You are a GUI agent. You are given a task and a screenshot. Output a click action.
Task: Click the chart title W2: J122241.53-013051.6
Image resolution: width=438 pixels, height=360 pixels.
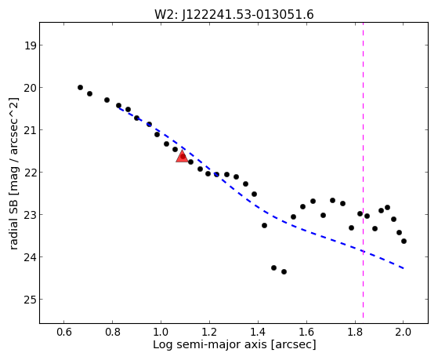coord(234,14)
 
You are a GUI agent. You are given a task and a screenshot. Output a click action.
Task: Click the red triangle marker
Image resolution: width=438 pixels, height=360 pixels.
coord(182,157)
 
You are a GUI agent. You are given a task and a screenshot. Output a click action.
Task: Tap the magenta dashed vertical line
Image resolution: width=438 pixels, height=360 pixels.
coord(363,170)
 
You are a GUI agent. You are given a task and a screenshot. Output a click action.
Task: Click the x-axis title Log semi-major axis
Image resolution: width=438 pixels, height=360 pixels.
coord(210,344)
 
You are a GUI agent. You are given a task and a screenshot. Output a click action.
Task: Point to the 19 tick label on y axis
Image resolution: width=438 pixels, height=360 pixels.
coord(30,45)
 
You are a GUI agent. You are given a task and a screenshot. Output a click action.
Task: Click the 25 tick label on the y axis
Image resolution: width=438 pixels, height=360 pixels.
coord(30,300)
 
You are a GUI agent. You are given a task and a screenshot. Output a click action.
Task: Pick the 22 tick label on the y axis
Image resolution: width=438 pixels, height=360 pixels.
coord(30,173)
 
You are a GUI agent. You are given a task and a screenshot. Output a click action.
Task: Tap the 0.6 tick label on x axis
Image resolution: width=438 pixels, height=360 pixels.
coord(64,332)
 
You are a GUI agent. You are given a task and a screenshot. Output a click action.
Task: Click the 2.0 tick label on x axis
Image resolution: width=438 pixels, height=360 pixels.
coord(404,332)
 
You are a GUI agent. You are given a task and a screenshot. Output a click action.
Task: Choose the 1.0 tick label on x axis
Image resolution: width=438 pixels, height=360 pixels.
coord(161,332)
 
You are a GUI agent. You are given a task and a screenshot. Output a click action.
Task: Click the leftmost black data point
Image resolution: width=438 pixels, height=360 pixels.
coord(80,88)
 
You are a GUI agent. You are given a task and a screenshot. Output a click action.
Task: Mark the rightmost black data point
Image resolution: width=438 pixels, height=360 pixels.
coord(404,241)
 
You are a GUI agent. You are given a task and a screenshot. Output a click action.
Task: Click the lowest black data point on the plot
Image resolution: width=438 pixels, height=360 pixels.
coord(284,271)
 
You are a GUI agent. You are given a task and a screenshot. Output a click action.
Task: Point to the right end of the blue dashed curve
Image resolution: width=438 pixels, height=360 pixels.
coord(404,268)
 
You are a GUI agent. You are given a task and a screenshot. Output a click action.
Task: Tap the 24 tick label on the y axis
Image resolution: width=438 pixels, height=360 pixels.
coord(30,257)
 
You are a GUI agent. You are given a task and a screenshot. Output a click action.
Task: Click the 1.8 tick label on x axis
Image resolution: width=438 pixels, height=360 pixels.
coord(355,332)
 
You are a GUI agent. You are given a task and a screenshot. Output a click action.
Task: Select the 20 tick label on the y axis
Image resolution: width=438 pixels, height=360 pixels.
coord(30,88)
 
